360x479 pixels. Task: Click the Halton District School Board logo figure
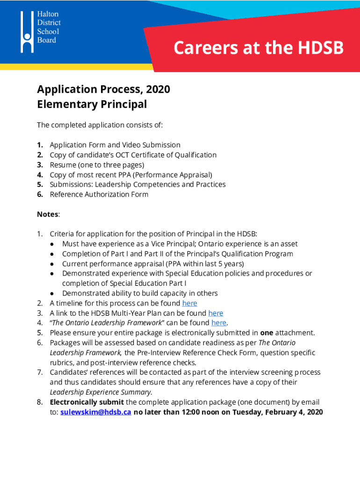(x=27, y=31)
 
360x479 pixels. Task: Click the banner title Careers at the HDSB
(x=259, y=48)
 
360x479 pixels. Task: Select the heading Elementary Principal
(x=92, y=104)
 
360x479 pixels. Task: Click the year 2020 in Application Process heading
(x=158, y=89)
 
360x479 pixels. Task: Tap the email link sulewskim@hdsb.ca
(x=96, y=412)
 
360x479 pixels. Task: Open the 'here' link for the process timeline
(x=189, y=303)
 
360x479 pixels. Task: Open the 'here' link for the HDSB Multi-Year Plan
(x=216, y=313)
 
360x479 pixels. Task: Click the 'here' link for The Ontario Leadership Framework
(x=219, y=323)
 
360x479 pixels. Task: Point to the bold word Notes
(x=48, y=214)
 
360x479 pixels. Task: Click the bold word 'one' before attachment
(x=267, y=333)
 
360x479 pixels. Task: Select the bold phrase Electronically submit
(x=87, y=402)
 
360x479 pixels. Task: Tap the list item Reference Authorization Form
(x=99, y=194)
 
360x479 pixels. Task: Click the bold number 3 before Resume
(x=40, y=165)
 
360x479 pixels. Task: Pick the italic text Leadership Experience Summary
(x=101, y=392)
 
